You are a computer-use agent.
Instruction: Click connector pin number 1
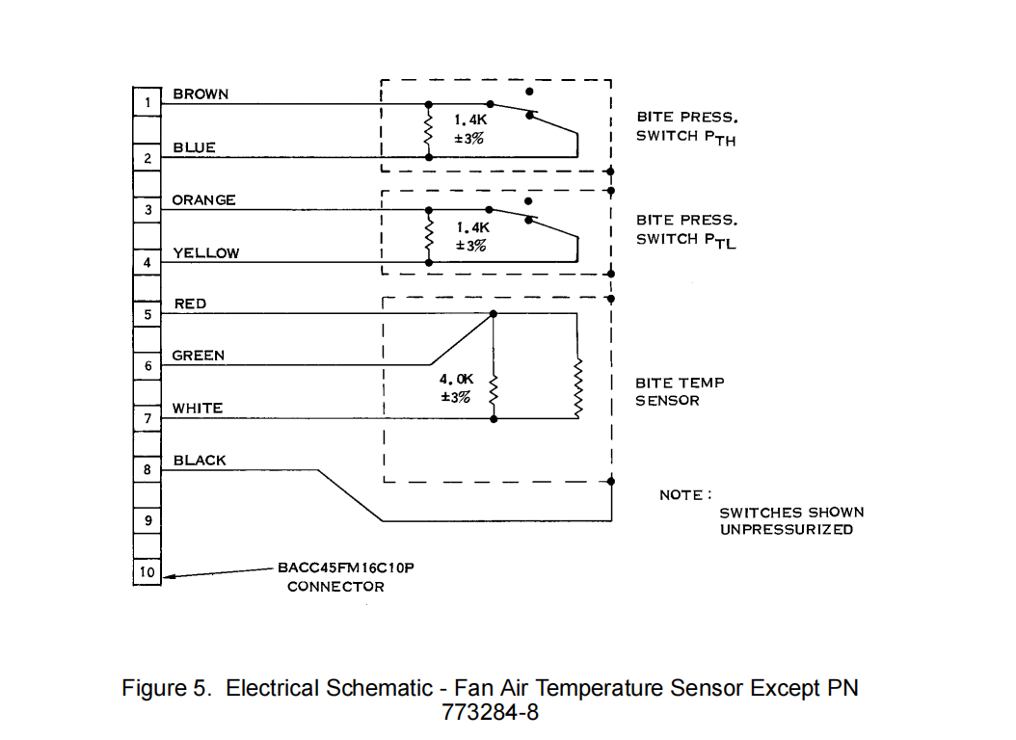(147, 102)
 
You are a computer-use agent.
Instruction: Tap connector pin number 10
(147, 572)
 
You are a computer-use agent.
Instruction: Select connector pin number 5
(147, 314)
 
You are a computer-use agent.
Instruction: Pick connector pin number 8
(147, 470)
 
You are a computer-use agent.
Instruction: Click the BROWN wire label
(201, 93)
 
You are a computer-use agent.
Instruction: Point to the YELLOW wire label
(205, 252)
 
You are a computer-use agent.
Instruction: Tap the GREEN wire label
(198, 356)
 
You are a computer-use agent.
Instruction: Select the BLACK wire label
(200, 461)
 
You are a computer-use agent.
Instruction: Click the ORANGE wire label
(203, 199)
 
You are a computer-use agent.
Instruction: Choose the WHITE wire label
(197, 409)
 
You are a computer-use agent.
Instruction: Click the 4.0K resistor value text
(455, 380)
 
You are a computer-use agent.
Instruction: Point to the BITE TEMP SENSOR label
(679, 391)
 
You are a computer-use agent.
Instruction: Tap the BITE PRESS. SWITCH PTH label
(686, 126)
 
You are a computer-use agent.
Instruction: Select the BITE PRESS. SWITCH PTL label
(686, 230)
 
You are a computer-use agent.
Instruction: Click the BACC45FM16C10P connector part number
(345, 568)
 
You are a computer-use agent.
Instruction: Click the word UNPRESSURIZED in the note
(786, 530)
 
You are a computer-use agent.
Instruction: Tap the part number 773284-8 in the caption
(490, 714)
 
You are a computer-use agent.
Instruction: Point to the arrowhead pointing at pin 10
(170, 576)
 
